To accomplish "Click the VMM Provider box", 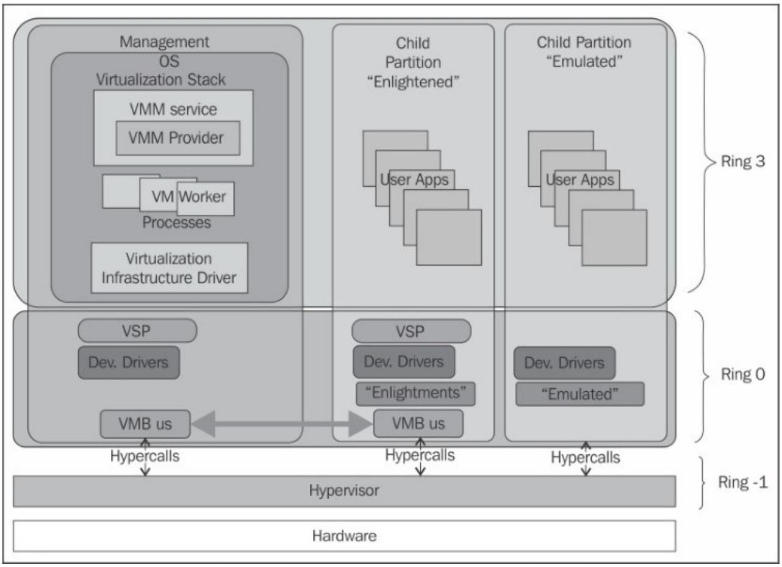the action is coord(178,138).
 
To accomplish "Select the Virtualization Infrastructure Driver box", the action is coord(170,268).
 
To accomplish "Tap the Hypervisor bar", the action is coord(344,491).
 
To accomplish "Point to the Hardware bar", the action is coord(344,536).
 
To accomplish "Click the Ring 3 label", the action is coord(742,161).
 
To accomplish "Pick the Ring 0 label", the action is coord(743,374).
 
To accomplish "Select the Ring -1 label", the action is coord(743,482).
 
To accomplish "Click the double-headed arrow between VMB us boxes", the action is coord(282,424).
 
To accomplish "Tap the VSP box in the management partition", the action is coord(137,330).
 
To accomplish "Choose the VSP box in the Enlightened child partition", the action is coord(411,331).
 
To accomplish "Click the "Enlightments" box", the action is coord(415,394).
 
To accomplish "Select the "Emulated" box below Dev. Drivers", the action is coord(580,394).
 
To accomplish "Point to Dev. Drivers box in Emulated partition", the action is coord(564,363).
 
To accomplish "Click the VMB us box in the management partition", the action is coord(145,424).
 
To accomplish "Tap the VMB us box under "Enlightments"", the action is coord(418,424).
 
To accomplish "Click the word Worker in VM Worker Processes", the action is coord(202,197).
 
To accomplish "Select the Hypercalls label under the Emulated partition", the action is coord(586,457).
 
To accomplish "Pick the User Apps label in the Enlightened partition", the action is coord(414,179).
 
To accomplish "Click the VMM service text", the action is coord(173,109).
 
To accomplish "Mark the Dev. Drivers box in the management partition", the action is coord(129,363).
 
